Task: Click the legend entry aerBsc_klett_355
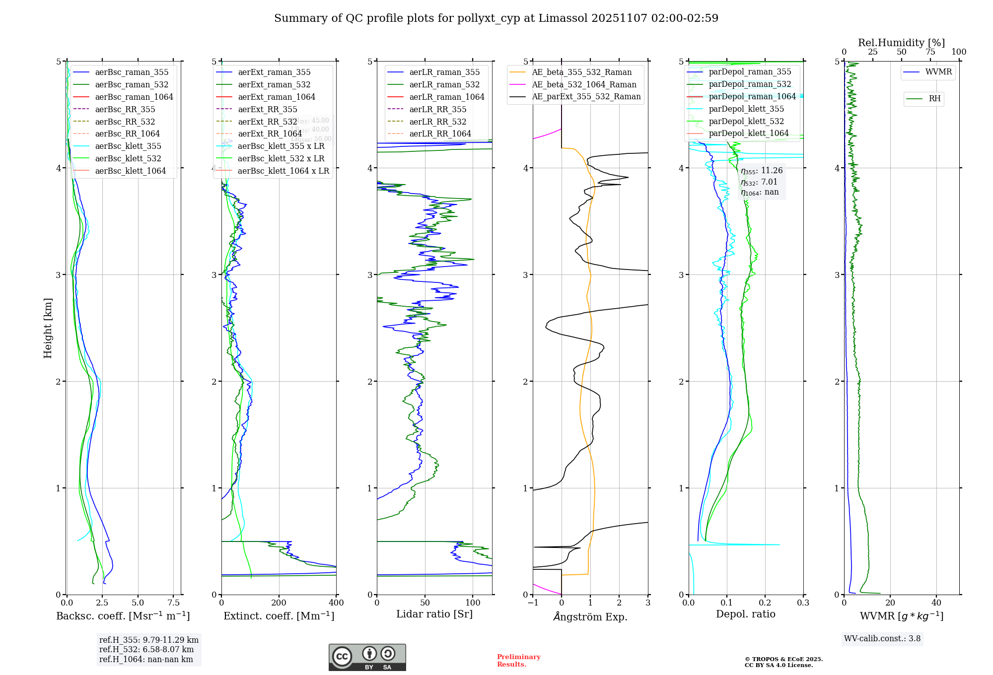point(128,146)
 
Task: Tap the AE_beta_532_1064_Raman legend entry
point(584,84)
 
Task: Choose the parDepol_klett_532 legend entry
point(746,121)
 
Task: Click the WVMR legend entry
point(938,72)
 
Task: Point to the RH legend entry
point(934,99)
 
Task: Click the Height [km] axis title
point(48,328)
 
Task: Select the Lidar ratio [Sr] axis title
point(434,614)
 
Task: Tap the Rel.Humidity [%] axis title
point(901,43)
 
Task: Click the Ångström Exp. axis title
point(590,616)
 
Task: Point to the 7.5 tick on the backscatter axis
point(174,603)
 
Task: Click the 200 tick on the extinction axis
point(279,603)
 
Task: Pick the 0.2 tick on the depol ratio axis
point(765,603)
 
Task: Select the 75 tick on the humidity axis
point(930,52)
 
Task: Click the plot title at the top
point(496,18)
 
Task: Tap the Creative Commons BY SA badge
point(367,658)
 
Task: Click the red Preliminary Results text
point(518,661)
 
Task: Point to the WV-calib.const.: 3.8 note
point(882,639)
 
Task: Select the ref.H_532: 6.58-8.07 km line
point(146,650)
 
